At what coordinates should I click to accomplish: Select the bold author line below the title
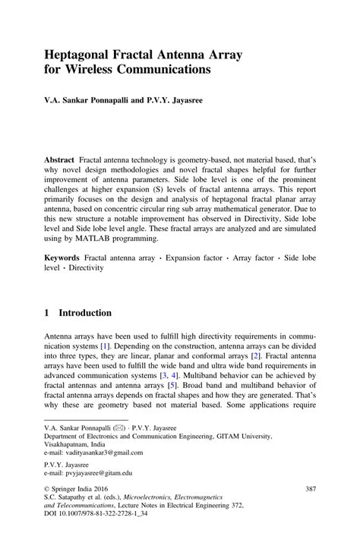pyautogui.click(x=126, y=99)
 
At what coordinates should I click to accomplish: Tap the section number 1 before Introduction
pyautogui.click(x=47, y=313)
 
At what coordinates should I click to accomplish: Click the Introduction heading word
pyautogui.click(x=86, y=313)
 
